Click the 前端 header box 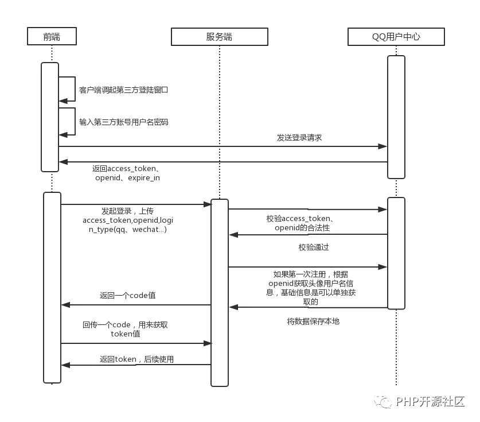click(x=52, y=36)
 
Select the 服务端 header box click(x=220, y=37)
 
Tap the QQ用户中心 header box click(x=396, y=37)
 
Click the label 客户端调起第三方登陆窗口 click(x=123, y=90)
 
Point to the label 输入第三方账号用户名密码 click(x=124, y=122)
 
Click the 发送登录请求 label click(x=299, y=138)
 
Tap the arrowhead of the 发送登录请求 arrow click(x=383, y=146)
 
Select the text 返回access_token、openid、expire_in click(x=127, y=173)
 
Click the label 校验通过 click(x=314, y=247)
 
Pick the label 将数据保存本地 click(x=313, y=321)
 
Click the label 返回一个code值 click(x=128, y=296)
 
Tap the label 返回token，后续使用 click(x=136, y=359)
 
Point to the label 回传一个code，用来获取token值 click(x=125, y=329)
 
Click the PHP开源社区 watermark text click(x=430, y=401)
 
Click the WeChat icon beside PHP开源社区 click(x=383, y=401)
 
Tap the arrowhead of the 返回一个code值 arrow click(x=66, y=305)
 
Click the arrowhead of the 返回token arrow click(x=66, y=365)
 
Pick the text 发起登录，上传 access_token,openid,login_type click(x=128, y=220)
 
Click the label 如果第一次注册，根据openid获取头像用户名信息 click(x=311, y=288)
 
